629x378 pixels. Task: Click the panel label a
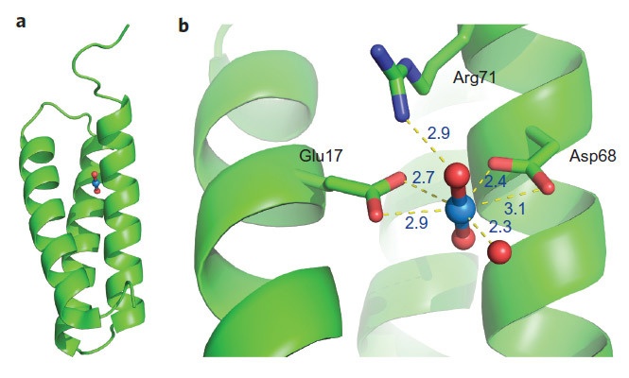[21, 21]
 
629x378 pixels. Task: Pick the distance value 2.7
[426, 176]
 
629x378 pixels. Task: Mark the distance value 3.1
[516, 205]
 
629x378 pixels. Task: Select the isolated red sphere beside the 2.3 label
[499, 251]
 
